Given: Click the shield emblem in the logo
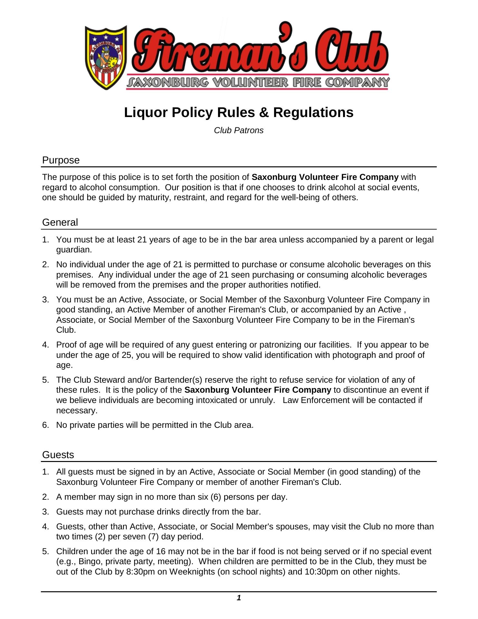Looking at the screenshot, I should [106, 57].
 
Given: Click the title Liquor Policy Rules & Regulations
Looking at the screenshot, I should [239, 113].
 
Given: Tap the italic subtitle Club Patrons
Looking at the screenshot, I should [239, 131].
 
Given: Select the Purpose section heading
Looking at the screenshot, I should [61, 160].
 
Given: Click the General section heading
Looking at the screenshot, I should [60, 222].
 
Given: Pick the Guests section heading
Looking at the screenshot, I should [58, 455].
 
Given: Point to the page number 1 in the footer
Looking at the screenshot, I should [239, 598].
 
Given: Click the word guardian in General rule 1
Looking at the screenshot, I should [74, 250].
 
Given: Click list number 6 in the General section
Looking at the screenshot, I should [45, 425].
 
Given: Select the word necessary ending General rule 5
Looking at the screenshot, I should [76, 411].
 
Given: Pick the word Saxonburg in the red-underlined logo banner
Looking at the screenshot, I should [168, 83].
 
